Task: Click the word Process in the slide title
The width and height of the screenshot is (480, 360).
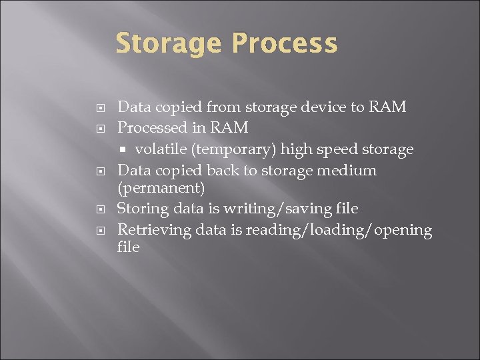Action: (285, 45)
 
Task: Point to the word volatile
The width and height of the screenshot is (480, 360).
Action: (160, 149)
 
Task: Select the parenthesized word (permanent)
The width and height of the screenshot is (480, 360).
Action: (161, 187)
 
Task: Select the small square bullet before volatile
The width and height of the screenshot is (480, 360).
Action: (125, 149)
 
